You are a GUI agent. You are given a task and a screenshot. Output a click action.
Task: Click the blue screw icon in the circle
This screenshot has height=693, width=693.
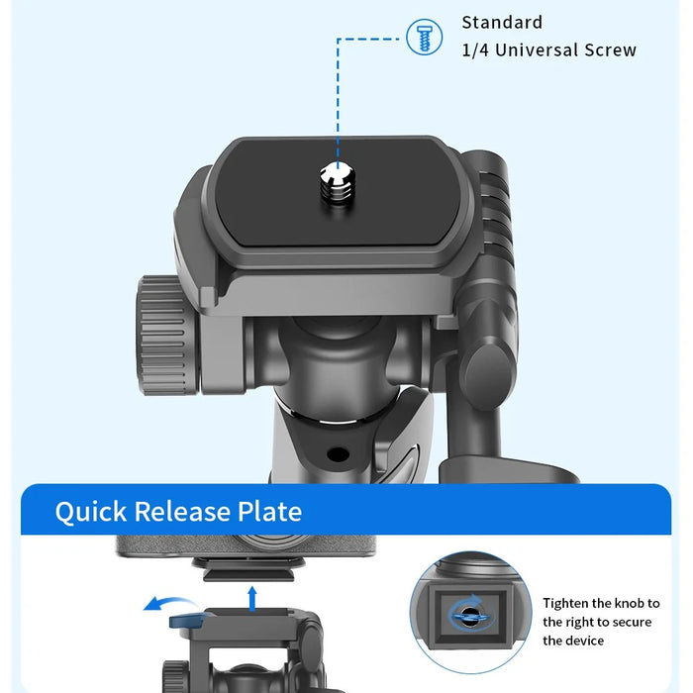point(424,38)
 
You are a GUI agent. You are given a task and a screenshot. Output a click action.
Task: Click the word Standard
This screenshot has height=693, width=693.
point(502,23)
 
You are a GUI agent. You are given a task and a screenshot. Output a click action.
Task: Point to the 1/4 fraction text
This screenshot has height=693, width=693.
point(475,49)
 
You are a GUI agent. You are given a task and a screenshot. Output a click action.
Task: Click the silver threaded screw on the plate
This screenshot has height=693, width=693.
point(339,182)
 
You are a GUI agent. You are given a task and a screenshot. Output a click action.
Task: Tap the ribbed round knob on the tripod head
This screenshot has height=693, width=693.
point(167,335)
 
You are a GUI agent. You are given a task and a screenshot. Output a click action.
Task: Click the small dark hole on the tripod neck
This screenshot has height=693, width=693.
point(339,453)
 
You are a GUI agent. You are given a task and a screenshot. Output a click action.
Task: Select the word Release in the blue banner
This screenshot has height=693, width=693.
point(182,512)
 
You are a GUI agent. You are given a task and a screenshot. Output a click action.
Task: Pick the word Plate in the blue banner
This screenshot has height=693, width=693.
point(269,512)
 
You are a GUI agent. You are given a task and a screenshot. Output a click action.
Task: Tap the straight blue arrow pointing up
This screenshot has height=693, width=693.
point(252,598)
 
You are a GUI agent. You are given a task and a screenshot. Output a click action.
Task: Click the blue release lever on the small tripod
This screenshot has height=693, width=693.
point(186,620)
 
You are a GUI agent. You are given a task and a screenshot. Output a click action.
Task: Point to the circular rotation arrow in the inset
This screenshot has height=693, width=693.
point(470,613)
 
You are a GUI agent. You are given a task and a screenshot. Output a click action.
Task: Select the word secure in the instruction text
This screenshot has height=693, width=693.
point(632,623)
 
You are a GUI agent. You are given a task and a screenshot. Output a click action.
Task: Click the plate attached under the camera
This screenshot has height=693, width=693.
point(248,569)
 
